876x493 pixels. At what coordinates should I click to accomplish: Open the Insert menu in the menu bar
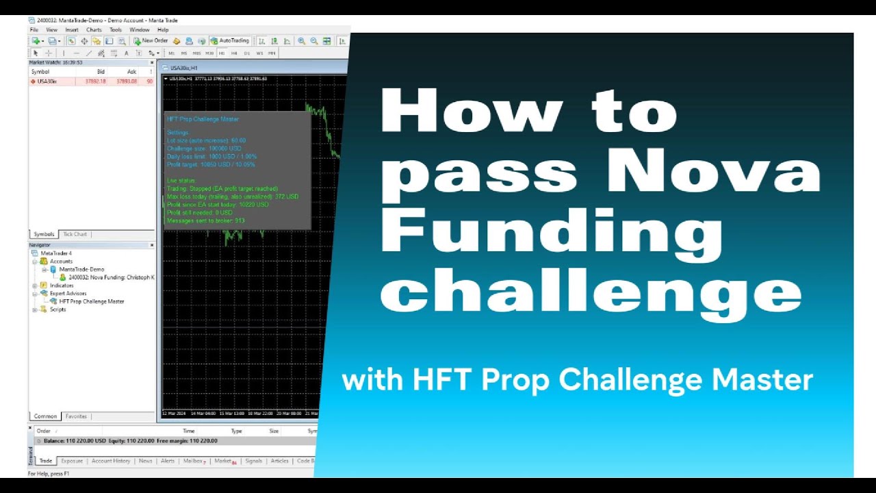pos(72,30)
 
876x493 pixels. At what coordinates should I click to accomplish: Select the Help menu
pos(163,30)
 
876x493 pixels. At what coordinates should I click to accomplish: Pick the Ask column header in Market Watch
pos(131,72)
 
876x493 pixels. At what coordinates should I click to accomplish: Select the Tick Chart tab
pos(75,234)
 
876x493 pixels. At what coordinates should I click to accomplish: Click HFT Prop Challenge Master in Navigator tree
pos(91,301)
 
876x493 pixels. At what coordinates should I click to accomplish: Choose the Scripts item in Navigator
pos(57,309)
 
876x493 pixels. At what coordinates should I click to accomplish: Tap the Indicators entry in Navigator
pos(62,286)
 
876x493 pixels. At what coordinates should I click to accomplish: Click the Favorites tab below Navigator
pos(76,416)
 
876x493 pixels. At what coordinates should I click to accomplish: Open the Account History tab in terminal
pos(111,462)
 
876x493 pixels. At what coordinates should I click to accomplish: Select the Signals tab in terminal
pos(254,462)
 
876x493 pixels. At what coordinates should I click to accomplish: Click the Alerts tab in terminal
pos(168,462)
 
